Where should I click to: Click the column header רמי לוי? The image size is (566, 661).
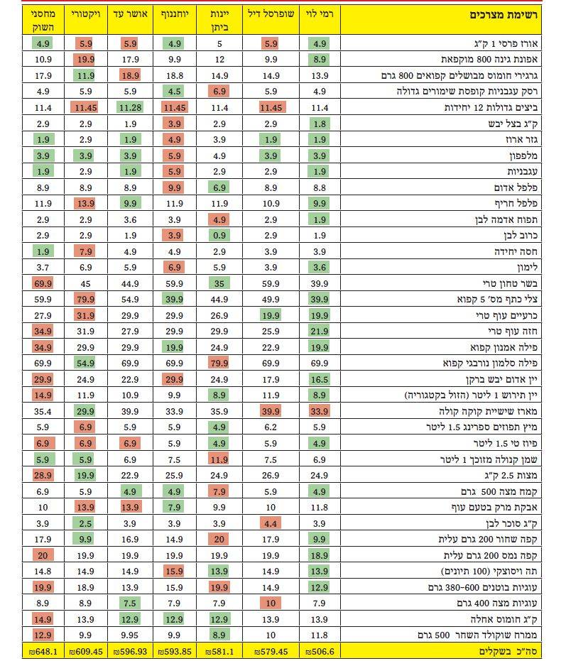(320, 14)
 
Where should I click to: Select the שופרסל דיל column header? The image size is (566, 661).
(271, 14)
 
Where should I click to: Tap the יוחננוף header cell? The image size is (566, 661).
(175, 14)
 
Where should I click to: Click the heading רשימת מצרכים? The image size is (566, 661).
(504, 15)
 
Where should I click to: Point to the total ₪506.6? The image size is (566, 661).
(320, 651)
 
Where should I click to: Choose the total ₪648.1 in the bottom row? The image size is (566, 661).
(43, 651)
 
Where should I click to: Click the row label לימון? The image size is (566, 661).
(527, 267)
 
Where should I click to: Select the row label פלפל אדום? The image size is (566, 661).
(516, 187)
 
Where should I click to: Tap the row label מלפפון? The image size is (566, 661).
(523, 155)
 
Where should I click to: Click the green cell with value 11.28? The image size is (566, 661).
(130, 107)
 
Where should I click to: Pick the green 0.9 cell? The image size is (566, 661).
(219, 235)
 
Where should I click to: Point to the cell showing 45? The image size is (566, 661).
(86, 284)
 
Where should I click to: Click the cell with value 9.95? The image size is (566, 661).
(130, 635)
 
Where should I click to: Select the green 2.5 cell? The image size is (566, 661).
(86, 523)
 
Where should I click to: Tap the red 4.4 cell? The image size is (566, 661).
(271, 523)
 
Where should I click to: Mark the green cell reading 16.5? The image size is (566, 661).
(320, 379)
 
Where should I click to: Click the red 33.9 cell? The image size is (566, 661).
(320, 411)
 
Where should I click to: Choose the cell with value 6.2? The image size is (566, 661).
(271, 427)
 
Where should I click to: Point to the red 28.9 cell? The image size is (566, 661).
(43, 475)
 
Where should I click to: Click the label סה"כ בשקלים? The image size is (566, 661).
(508, 651)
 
